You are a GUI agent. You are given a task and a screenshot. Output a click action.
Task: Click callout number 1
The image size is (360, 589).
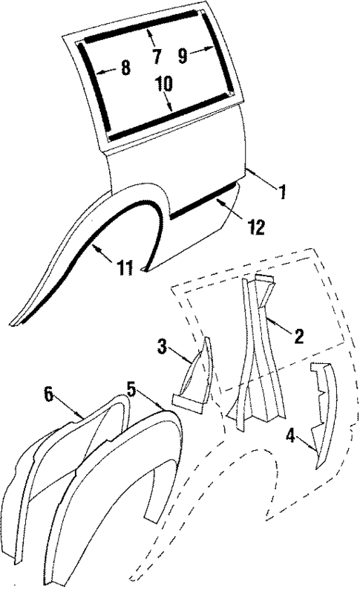[282, 192]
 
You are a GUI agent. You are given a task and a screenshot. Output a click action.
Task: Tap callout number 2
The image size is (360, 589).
[298, 336]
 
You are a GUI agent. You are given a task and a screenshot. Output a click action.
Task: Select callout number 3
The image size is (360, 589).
[163, 346]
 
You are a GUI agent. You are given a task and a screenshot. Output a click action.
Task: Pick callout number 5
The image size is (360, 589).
[131, 388]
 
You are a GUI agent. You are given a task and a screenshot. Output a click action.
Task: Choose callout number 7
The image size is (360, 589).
[156, 56]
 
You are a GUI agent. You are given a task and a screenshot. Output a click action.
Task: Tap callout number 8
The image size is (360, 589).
[125, 69]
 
